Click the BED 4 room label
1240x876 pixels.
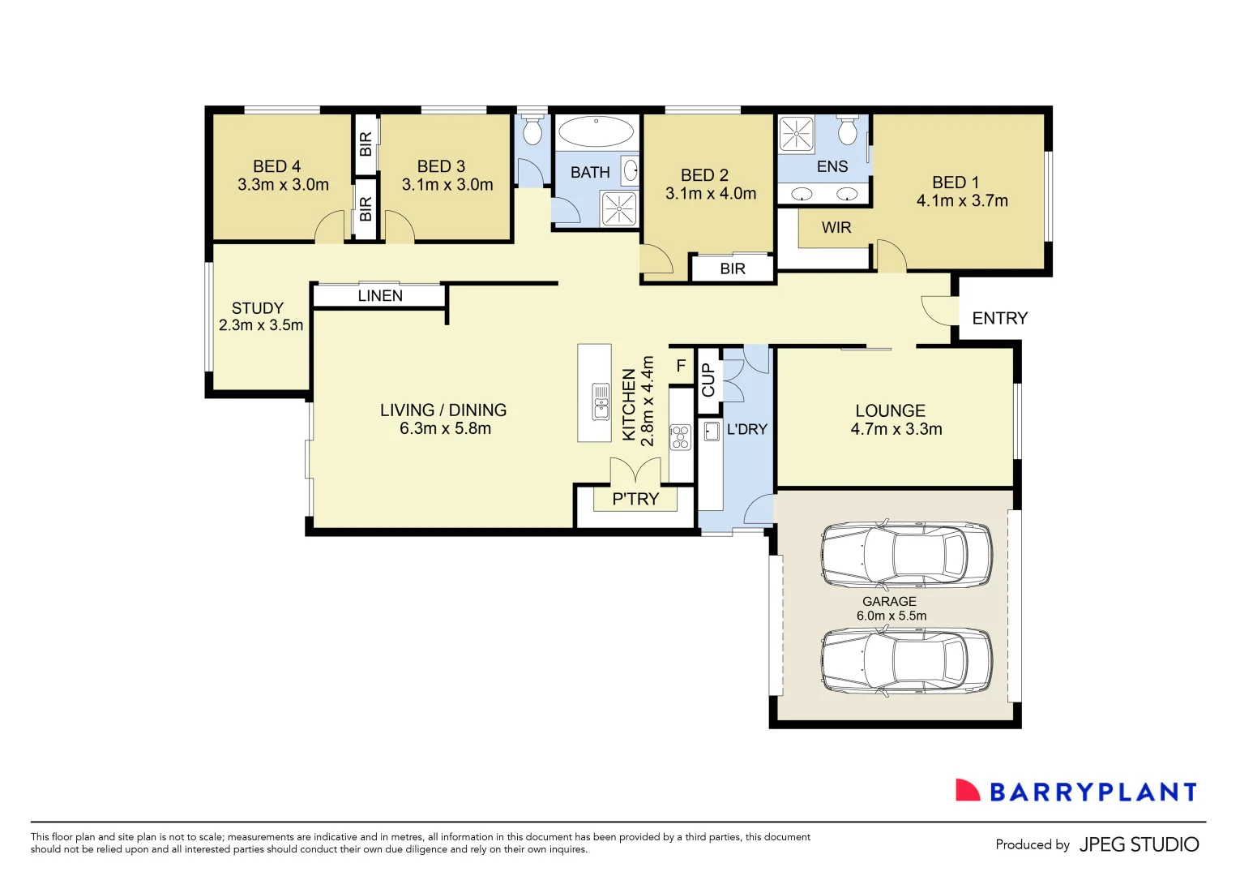pyautogui.click(x=276, y=166)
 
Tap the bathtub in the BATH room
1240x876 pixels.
pyautogui.click(x=596, y=131)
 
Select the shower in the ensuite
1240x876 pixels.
pyautogui.click(x=796, y=134)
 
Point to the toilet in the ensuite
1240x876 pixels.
pyautogui.click(x=848, y=131)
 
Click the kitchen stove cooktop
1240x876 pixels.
pyautogui.click(x=680, y=437)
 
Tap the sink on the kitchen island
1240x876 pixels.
pyautogui.click(x=601, y=401)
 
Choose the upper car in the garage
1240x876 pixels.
pyautogui.click(x=906, y=555)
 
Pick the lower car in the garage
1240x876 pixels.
pyautogui.click(x=906, y=661)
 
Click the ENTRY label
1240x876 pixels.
pyautogui.click(x=999, y=318)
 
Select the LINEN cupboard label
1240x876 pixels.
pyautogui.click(x=380, y=296)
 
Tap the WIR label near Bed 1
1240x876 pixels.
pyautogui.click(x=836, y=228)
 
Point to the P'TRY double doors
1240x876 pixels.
pyautogui.click(x=635, y=471)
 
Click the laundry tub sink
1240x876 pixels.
pyautogui.click(x=712, y=431)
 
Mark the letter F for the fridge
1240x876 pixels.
pyautogui.click(x=681, y=367)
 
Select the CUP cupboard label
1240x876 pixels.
pyautogui.click(x=708, y=380)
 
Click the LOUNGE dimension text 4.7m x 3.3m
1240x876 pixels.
pyautogui.click(x=896, y=430)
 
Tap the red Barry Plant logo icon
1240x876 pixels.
pyautogui.click(x=968, y=791)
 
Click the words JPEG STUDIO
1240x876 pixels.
pyautogui.click(x=1139, y=844)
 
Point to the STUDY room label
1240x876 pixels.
pyautogui.click(x=258, y=308)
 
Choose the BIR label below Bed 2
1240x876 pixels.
pyautogui.click(x=733, y=268)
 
